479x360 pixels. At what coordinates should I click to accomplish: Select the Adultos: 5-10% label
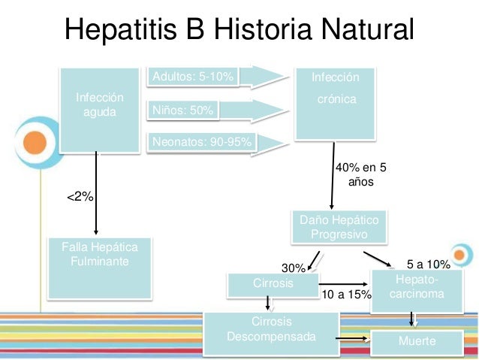coord(194,77)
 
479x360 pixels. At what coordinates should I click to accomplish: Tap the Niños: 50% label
coord(182,110)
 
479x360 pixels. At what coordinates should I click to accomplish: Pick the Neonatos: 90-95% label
coord(202,141)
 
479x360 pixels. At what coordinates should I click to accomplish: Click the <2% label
coord(80,196)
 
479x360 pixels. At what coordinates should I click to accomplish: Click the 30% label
coord(294,268)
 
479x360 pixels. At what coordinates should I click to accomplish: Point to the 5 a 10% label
coord(428,264)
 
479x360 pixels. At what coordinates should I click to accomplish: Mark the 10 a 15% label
coord(346,295)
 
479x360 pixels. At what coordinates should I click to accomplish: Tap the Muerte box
coord(417,343)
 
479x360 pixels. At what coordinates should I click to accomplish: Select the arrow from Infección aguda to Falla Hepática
coord(96,192)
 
